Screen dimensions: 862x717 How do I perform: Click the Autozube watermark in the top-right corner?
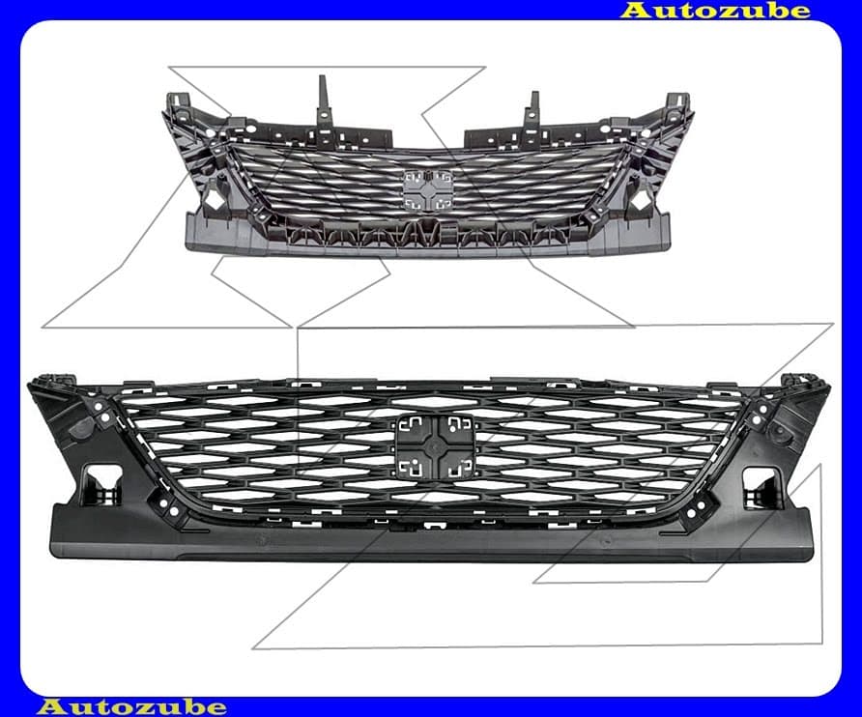tap(715, 10)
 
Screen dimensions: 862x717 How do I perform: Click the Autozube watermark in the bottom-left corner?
tap(132, 706)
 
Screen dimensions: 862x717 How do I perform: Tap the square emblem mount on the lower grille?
tap(434, 446)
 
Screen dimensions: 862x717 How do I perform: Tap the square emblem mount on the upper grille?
tap(429, 190)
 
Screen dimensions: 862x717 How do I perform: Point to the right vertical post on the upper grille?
tap(532, 114)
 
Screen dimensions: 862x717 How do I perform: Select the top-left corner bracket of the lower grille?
tap(52, 384)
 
